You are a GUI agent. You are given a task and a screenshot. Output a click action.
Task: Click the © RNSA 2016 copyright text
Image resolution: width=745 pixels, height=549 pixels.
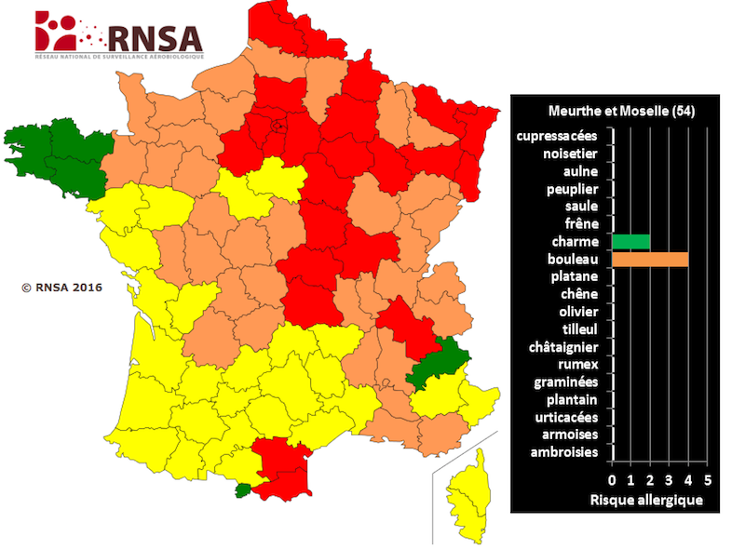click(61, 287)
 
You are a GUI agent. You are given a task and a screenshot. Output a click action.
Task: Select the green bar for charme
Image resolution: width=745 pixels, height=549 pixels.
click(630, 242)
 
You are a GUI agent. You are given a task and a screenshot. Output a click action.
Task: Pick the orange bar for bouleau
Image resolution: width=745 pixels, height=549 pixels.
click(650, 260)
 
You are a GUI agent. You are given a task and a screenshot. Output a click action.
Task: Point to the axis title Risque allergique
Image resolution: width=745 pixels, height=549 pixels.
click(646, 500)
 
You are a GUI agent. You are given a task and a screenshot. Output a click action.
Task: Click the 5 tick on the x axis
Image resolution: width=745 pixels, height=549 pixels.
click(708, 481)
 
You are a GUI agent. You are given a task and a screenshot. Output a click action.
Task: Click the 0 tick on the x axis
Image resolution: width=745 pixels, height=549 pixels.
click(612, 481)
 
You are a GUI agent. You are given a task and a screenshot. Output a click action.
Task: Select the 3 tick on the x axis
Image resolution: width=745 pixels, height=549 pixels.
click(670, 481)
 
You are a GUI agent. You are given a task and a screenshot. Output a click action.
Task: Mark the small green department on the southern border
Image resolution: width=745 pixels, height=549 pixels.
click(243, 489)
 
